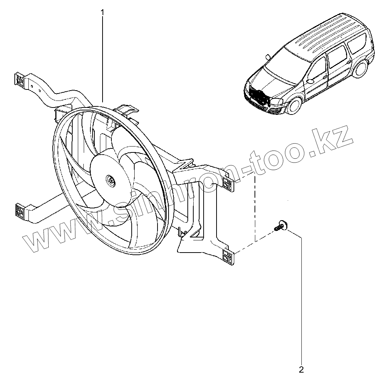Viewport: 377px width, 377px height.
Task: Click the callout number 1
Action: click(103, 12)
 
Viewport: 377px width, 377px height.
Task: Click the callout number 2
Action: click(301, 370)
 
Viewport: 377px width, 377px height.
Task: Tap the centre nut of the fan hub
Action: click(111, 180)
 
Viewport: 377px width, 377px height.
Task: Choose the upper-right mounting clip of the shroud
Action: click(228, 184)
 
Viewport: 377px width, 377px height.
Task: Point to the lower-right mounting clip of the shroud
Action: click(228, 257)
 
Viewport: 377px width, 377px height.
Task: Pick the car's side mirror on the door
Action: click(310, 81)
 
